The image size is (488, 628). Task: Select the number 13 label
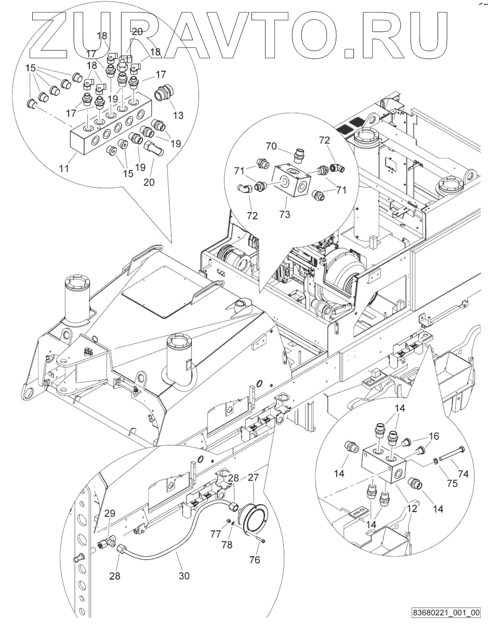[x=178, y=116]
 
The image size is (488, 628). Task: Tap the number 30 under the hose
[x=184, y=575]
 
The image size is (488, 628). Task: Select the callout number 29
[x=110, y=514]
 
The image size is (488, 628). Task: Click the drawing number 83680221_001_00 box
[x=446, y=613]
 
